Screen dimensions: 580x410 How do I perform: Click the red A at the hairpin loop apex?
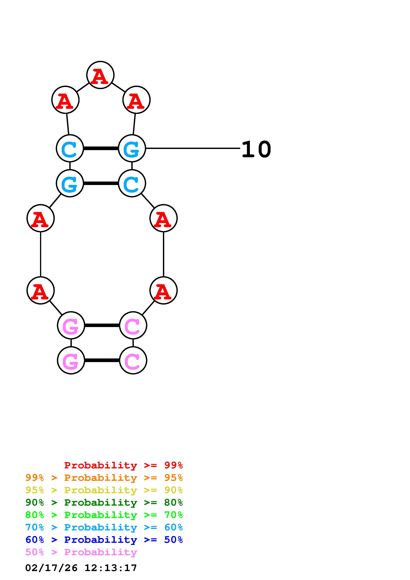pyautogui.click(x=100, y=75)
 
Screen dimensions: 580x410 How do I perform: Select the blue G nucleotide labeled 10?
pyautogui.click(x=132, y=148)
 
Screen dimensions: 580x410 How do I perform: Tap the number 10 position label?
pyautogui.click(x=256, y=150)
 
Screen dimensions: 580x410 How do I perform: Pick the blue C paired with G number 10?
pyautogui.click(x=70, y=148)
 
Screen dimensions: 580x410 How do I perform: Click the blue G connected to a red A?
pyautogui.click(x=70, y=183)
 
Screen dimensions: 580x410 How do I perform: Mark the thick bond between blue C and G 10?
pyautogui.click(x=101, y=148)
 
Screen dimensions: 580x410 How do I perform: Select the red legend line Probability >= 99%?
pyautogui.click(x=123, y=465)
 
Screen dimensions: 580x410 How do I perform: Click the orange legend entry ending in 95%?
pyautogui.click(x=104, y=478)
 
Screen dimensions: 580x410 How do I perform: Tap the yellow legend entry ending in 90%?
pyautogui.click(x=104, y=490)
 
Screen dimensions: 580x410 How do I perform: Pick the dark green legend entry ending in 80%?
pyautogui.click(x=104, y=502)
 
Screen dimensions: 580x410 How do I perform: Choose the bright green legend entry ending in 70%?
pyautogui.click(x=104, y=515)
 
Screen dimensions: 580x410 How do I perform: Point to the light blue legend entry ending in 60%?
pyautogui.click(x=104, y=527)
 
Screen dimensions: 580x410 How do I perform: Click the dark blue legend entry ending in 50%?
pyautogui.click(x=104, y=540)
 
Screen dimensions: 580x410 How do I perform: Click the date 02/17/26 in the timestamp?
pyautogui.click(x=51, y=568)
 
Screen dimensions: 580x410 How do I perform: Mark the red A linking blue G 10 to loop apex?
pyautogui.click(x=136, y=100)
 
